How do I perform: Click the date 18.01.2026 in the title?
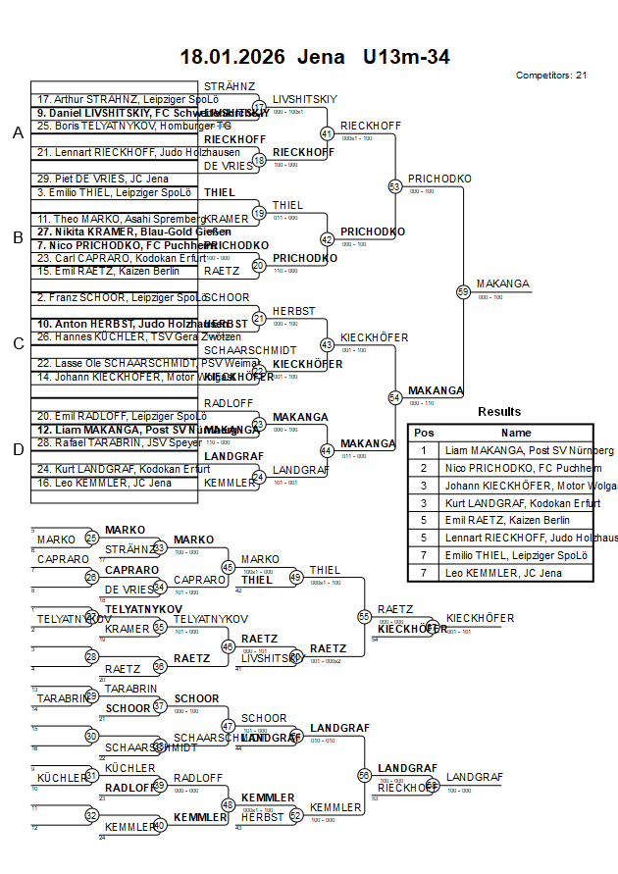point(232,57)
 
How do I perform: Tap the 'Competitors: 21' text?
point(551,76)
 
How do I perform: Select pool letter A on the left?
point(17,133)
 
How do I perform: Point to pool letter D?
point(17,449)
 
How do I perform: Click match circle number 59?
point(463,291)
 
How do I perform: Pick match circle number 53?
point(395,185)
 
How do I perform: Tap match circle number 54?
point(395,397)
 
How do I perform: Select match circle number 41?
point(328,132)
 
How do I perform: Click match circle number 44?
point(328,450)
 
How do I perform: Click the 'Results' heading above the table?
point(499,412)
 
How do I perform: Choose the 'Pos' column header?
point(424,433)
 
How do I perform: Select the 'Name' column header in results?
point(516,433)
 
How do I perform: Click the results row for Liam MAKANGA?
point(516,450)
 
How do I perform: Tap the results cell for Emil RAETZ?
point(516,520)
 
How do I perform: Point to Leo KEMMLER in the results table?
point(516,573)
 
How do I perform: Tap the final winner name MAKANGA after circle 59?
point(502,284)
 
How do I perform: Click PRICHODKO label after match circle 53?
point(439,179)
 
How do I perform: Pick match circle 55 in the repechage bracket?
point(365,616)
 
